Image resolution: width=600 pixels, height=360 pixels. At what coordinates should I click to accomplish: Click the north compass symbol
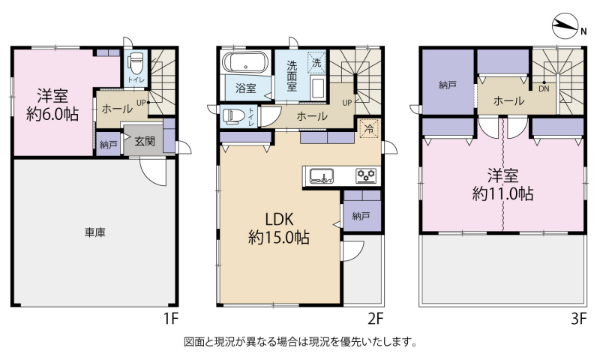(565, 26)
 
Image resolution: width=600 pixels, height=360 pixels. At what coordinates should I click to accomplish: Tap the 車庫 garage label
(95, 232)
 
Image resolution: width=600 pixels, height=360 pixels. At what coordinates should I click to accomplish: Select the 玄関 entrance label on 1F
(145, 141)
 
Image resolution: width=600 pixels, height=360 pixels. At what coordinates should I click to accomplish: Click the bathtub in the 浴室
(245, 62)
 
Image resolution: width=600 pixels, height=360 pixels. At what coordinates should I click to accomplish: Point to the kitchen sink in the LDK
(322, 176)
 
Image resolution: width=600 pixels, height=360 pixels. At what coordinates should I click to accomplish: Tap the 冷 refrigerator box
(369, 128)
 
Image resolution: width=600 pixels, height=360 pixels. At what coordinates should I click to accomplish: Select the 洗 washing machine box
(316, 62)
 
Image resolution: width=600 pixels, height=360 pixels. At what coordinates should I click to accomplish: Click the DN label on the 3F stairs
(544, 88)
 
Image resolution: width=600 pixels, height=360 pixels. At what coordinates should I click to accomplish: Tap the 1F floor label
(171, 318)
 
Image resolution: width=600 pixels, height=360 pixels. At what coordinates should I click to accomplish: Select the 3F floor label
(578, 318)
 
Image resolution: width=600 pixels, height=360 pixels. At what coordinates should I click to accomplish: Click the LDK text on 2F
(279, 219)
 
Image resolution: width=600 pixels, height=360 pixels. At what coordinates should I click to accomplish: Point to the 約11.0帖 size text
(502, 194)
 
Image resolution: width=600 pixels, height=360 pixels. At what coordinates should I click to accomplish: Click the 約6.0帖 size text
(52, 114)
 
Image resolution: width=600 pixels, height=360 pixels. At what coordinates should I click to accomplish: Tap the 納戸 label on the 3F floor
(447, 85)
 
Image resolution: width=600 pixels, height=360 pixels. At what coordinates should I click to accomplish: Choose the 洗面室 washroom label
(292, 76)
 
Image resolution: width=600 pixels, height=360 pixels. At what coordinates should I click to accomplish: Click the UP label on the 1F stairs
(141, 103)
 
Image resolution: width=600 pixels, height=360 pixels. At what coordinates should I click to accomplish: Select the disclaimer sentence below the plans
(301, 341)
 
